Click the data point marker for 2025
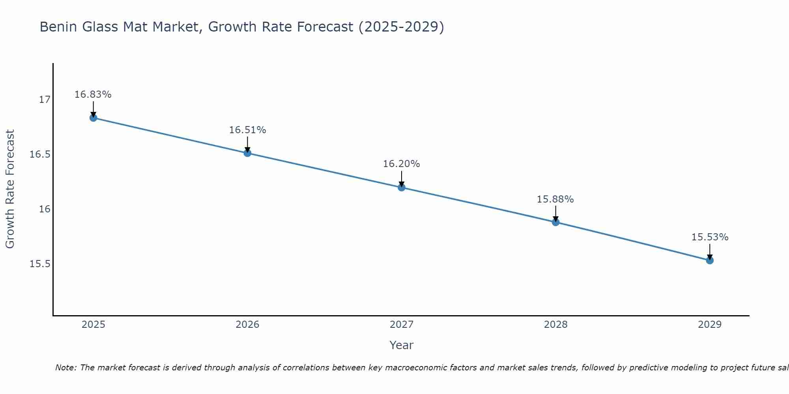click(93, 118)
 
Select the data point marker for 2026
click(247, 153)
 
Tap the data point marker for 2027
click(402, 188)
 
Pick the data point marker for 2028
click(555, 222)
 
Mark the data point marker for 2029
click(710, 260)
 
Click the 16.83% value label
click(93, 95)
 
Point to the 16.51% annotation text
click(247, 130)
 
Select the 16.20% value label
click(401, 164)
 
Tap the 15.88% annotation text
click(555, 199)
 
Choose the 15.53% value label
click(710, 237)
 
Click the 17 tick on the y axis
click(45, 100)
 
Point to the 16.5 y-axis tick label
click(40, 154)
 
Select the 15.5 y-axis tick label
click(40, 264)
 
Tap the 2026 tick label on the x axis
click(247, 325)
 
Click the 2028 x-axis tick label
click(555, 325)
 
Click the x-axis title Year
click(401, 345)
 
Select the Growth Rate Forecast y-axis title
click(10, 189)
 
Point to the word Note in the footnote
click(65, 368)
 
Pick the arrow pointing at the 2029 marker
click(710, 251)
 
